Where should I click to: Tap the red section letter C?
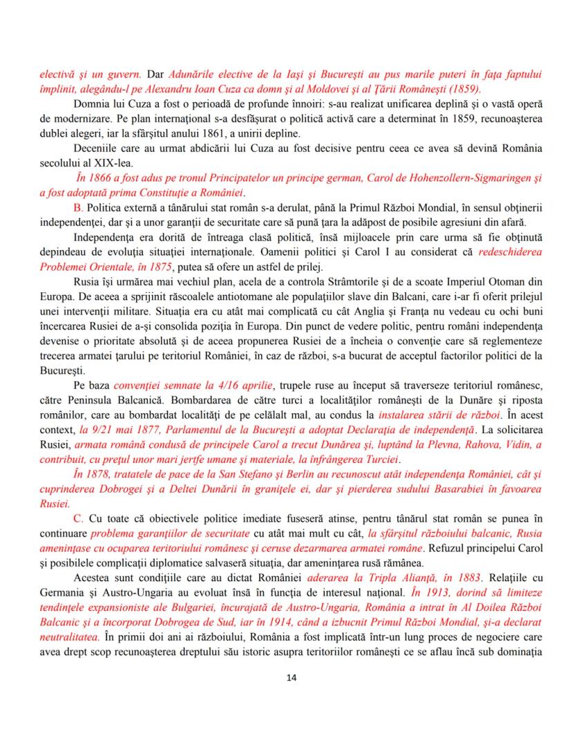[x=77, y=517]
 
